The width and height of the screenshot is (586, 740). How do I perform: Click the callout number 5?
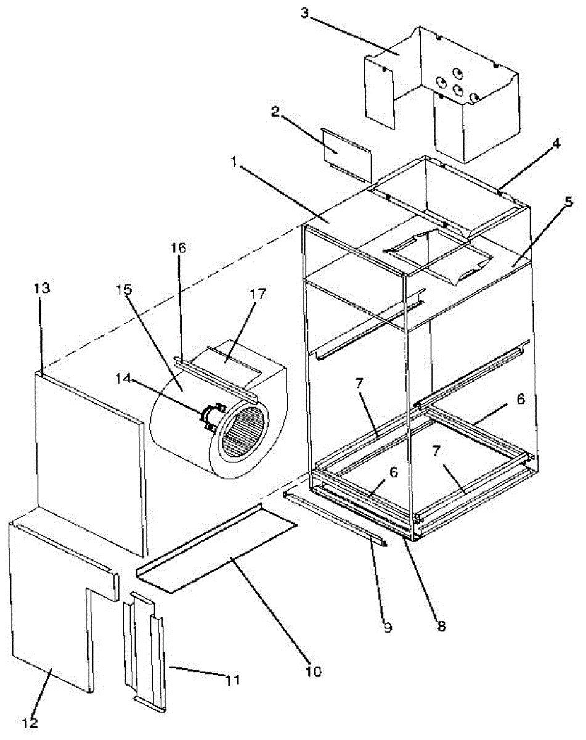coord(568,203)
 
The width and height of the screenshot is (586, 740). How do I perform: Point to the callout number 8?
coord(441,627)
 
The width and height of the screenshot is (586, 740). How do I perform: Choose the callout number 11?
coord(232,680)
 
